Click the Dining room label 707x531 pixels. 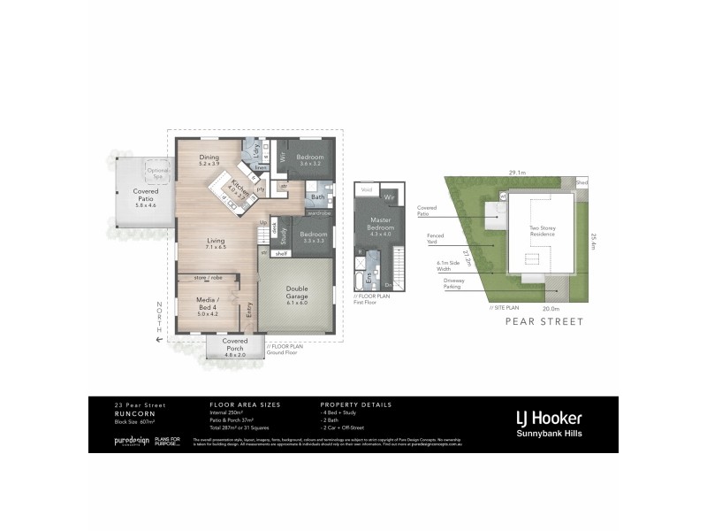(x=209, y=159)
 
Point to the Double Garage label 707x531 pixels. (x=296, y=296)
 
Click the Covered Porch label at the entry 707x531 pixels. (x=235, y=344)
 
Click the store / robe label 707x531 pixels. (x=206, y=277)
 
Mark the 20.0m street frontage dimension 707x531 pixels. (x=551, y=308)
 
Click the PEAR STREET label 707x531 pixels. (x=544, y=322)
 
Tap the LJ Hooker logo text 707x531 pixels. (x=548, y=418)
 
